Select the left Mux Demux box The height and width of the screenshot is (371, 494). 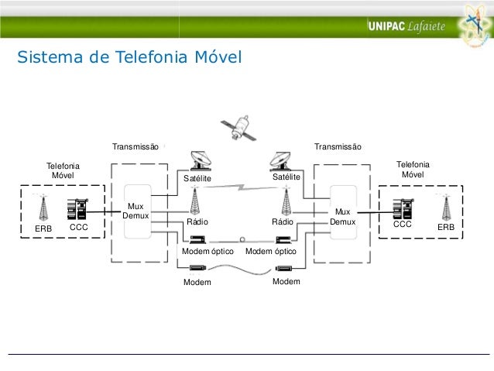(136, 211)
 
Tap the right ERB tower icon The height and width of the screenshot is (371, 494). (446, 207)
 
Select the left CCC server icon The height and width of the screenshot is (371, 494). (77, 210)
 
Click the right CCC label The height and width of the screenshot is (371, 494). (403, 225)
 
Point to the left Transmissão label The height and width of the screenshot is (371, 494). (136, 146)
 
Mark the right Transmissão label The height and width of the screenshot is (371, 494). (337, 146)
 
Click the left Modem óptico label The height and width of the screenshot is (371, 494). (208, 252)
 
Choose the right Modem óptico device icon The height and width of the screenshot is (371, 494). (283, 239)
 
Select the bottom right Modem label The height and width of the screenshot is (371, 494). (286, 282)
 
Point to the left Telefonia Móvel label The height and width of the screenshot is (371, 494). (63, 170)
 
